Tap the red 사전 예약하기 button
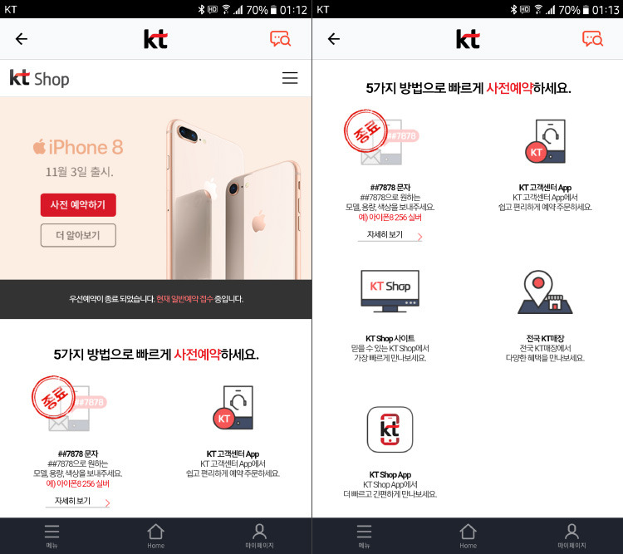click(x=78, y=204)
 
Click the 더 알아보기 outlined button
click(x=78, y=235)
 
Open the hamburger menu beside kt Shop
click(x=290, y=78)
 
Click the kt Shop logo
click(x=39, y=78)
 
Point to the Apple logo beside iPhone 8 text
click(x=39, y=147)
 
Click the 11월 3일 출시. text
click(x=80, y=172)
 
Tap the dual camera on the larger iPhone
click(x=188, y=134)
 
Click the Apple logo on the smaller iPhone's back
click(x=258, y=222)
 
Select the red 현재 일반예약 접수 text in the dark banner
click(x=184, y=299)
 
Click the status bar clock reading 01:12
click(x=293, y=9)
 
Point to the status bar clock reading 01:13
click(x=606, y=9)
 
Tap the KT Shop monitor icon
click(x=390, y=291)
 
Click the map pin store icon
click(x=545, y=292)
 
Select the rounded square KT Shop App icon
click(x=390, y=429)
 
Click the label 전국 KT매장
click(x=545, y=338)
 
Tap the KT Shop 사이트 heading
click(x=390, y=338)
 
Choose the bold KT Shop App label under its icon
click(x=390, y=474)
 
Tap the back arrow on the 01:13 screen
click(x=334, y=38)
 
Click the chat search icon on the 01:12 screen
click(x=281, y=38)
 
